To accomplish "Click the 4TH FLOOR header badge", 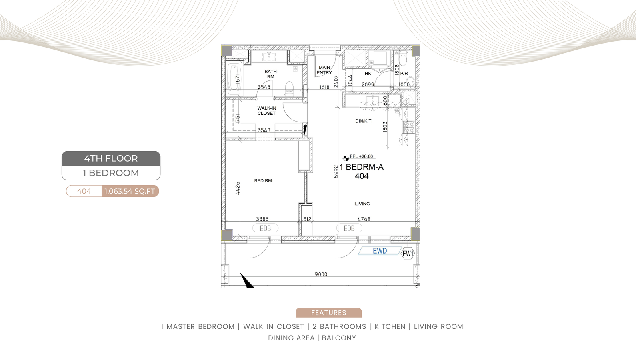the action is click(x=111, y=158).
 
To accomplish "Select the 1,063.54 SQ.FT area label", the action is click(x=130, y=191).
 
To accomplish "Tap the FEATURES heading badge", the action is click(x=328, y=313).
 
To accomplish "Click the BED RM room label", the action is click(x=263, y=180).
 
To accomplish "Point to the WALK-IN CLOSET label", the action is click(x=266, y=110).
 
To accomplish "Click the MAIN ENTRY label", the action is click(x=324, y=70).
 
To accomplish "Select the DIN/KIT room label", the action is click(x=363, y=121).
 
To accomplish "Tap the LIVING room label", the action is click(x=362, y=204).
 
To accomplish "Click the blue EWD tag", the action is click(x=380, y=251).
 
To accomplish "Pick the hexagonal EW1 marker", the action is click(x=408, y=254).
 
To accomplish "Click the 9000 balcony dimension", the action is click(x=321, y=274).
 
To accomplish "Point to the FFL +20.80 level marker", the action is click(x=359, y=157).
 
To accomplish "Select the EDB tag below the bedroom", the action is click(x=265, y=228).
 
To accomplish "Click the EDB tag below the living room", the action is click(x=349, y=228).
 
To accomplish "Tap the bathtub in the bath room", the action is click(x=234, y=79).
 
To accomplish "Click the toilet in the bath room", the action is click(x=289, y=88).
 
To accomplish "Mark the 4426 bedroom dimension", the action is click(x=238, y=188).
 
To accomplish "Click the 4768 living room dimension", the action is click(x=364, y=219).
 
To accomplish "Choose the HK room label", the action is click(x=368, y=74).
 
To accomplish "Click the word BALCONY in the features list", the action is click(x=339, y=338).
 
